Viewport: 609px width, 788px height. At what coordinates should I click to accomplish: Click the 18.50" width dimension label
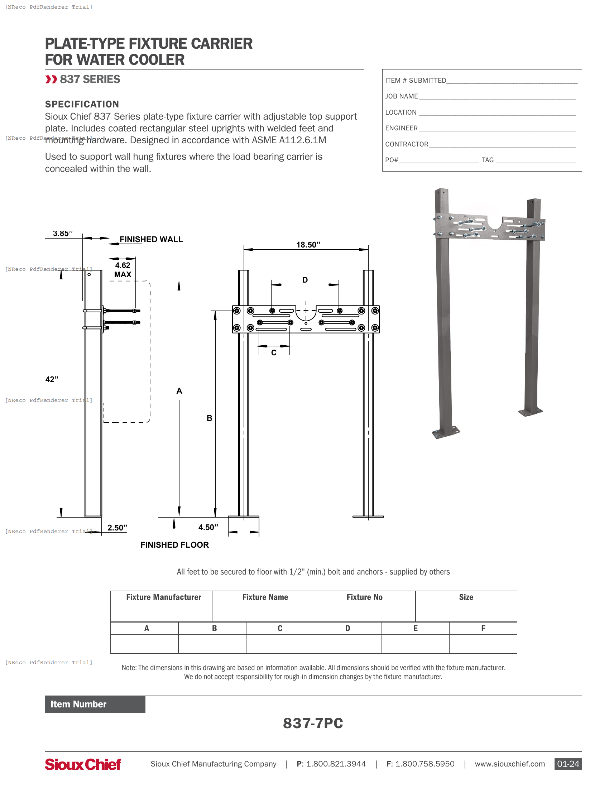pyautogui.click(x=308, y=245)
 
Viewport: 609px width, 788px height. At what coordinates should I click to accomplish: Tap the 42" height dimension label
pyautogui.click(x=52, y=379)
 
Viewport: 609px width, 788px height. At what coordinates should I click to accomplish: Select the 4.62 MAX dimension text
pyautogui.click(x=123, y=270)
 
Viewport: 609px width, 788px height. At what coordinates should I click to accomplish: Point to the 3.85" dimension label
pyautogui.click(x=63, y=234)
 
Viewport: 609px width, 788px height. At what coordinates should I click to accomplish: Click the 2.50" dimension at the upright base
pyautogui.click(x=117, y=528)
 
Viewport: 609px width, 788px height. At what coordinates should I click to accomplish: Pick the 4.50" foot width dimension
pyautogui.click(x=208, y=527)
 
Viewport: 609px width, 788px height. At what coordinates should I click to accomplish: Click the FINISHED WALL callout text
pyautogui.click(x=151, y=239)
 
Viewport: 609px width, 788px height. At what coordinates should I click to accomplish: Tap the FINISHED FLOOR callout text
pyautogui.click(x=174, y=545)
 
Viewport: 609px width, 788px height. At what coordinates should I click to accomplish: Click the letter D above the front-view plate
pyautogui.click(x=305, y=280)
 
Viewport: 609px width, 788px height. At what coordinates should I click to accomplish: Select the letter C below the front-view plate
pyautogui.click(x=274, y=353)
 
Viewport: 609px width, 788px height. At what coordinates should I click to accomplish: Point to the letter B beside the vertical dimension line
pyautogui.click(x=209, y=418)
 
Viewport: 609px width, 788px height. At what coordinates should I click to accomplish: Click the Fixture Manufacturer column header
pyautogui.click(x=163, y=597)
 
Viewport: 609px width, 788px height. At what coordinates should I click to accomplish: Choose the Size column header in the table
pyautogui.click(x=466, y=597)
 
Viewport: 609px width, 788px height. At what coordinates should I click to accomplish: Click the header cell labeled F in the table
pyautogui.click(x=483, y=628)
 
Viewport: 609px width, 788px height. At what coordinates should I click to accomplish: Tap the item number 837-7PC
pyautogui.click(x=313, y=723)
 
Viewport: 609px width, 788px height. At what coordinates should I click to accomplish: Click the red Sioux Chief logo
pyautogui.click(x=83, y=764)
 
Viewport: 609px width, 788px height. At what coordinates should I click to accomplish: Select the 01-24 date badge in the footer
pyautogui.click(x=568, y=764)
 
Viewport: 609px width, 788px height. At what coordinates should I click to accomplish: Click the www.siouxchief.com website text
pyautogui.click(x=509, y=764)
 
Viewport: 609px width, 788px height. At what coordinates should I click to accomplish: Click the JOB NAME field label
pyautogui.click(x=401, y=96)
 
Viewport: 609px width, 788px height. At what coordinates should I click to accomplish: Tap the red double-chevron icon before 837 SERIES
pyautogui.click(x=51, y=80)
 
